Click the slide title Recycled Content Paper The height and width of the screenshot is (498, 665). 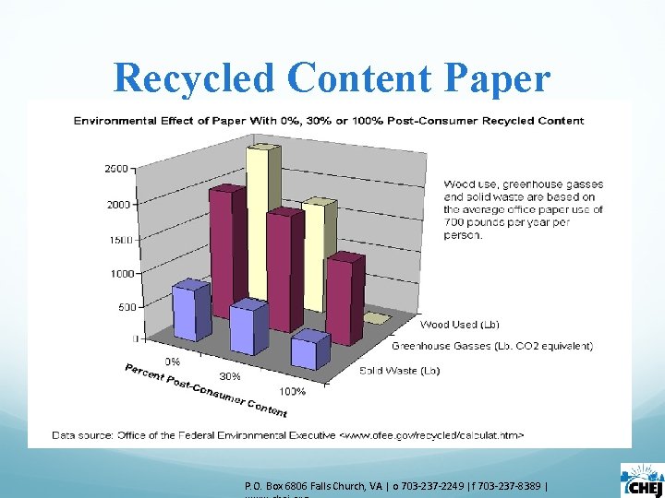point(332,78)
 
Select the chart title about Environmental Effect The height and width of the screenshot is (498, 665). point(328,120)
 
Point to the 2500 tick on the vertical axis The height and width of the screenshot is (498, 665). point(116,170)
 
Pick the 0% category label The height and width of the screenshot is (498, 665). point(173,361)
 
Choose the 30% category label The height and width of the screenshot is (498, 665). point(230,376)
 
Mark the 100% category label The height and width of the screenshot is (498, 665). point(292,391)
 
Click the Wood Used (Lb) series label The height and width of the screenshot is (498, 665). point(460,325)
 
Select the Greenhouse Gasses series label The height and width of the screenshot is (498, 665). point(492,347)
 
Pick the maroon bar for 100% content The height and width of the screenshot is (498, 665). point(344,295)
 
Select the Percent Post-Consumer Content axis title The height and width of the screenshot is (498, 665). point(206,391)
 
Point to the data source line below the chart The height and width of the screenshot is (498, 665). point(288,433)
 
